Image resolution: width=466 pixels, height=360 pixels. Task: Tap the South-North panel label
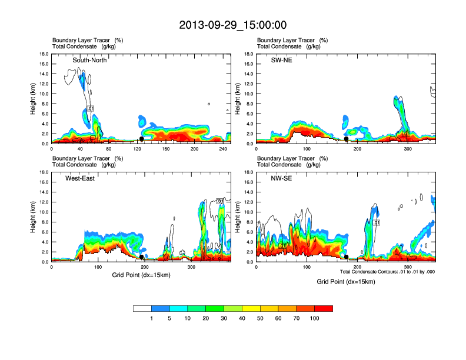pos(89,60)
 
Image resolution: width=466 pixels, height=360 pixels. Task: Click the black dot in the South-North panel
pos(141,139)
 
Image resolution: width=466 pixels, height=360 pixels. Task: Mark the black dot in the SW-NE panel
pos(346,139)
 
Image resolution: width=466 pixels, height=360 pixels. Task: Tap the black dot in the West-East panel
pos(141,256)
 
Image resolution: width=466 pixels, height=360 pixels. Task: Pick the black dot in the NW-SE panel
pos(346,256)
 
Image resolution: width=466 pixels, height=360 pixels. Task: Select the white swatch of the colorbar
pos(142,308)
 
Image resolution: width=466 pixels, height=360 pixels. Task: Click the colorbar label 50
pos(260,318)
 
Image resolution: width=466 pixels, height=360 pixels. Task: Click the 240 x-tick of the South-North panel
pos(222,149)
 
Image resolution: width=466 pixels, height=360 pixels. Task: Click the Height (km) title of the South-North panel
pos(34,99)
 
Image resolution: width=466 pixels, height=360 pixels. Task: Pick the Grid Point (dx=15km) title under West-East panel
pos(141,275)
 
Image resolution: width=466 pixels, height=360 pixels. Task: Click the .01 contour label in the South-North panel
pos(91,109)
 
